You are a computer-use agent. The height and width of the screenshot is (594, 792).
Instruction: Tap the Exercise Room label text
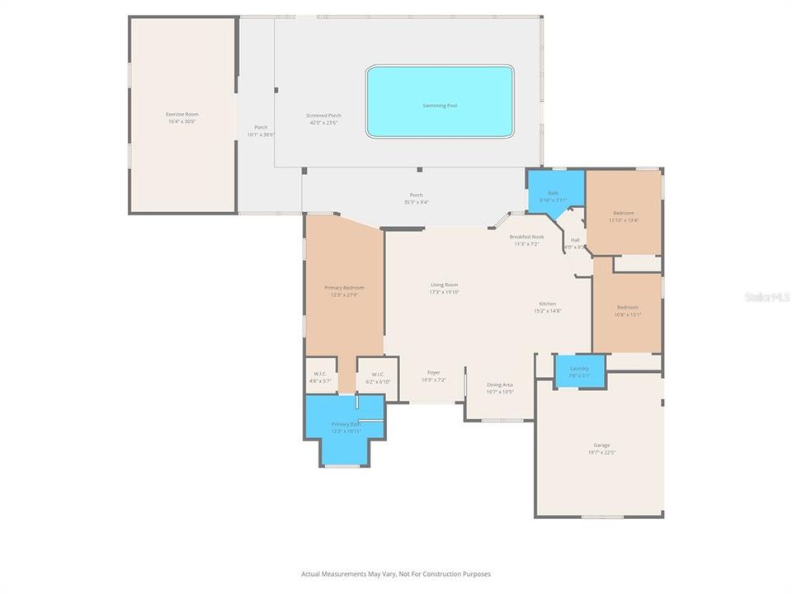(181, 114)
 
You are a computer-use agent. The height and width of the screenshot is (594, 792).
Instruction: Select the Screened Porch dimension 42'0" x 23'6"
(323, 122)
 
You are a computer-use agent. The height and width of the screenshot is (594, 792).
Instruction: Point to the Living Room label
(444, 285)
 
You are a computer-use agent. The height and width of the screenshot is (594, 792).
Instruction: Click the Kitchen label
(548, 304)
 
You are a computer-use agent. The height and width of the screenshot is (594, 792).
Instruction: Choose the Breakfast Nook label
(526, 237)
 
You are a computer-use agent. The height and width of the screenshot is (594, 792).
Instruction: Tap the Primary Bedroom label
(344, 287)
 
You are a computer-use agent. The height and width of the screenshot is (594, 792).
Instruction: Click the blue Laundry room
(579, 370)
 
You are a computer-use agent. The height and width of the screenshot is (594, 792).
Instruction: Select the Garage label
(602, 445)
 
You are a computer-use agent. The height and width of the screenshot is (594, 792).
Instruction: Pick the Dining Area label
(500, 384)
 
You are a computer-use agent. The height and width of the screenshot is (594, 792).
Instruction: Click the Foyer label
(433, 373)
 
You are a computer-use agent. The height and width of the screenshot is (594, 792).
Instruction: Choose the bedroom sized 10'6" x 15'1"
(628, 310)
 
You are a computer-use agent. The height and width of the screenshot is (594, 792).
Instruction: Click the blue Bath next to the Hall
(553, 196)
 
